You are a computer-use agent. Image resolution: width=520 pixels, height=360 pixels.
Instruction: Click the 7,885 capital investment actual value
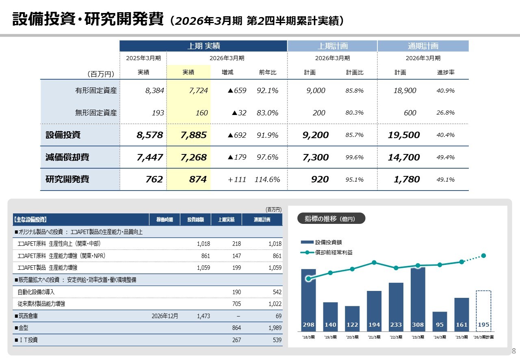point(193,135)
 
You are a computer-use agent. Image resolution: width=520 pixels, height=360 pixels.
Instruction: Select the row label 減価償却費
point(67,157)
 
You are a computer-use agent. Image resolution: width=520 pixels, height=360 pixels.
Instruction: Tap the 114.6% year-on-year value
point(267,180)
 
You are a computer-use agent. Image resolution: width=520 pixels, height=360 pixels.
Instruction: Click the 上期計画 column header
point(332,46)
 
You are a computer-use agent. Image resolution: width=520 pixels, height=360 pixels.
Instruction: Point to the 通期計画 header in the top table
point(423,46)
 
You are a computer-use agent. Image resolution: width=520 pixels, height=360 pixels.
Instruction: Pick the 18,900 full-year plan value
point(405,91)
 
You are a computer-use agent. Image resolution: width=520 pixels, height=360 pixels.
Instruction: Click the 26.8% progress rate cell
point(445,113)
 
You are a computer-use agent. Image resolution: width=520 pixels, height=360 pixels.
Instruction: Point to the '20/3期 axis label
point(352,337)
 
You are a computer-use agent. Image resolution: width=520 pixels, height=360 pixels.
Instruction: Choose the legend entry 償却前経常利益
point(334,252)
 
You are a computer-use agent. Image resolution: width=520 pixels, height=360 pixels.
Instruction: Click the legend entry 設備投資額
point(328,242)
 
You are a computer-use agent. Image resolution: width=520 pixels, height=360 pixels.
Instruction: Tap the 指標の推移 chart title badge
point(331,219)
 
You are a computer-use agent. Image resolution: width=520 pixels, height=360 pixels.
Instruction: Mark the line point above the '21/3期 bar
point(374,262)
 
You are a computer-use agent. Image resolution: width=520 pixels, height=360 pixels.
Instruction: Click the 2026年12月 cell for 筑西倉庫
point(165,316)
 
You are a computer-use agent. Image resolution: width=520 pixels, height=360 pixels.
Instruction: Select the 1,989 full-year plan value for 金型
point(274,327)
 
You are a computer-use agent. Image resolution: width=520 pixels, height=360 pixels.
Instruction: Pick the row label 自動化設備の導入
point(36,292)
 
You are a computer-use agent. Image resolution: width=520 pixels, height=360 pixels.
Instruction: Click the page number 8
point(513,351)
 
